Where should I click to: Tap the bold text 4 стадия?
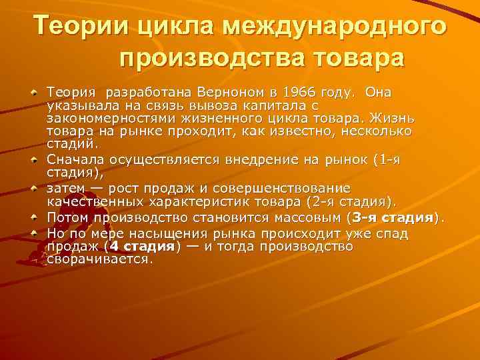point(142,246)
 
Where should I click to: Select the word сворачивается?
point(99,259)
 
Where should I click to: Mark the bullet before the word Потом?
point(35,218)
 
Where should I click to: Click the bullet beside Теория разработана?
point(35,91)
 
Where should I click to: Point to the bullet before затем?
point(35,188)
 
